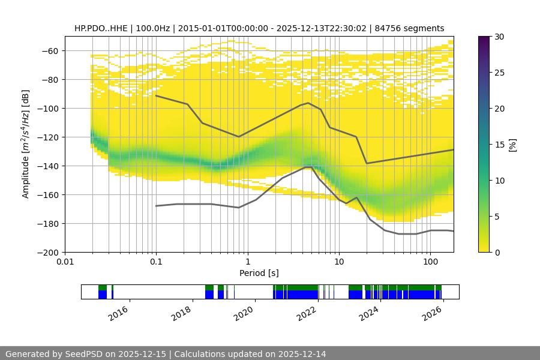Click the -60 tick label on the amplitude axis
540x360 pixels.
pos(49,51)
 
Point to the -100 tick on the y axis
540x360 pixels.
pos(47,109)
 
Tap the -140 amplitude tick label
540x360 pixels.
pos(47,166)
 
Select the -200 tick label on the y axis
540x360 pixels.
pos(47,253)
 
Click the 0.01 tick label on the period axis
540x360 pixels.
pos(65,262)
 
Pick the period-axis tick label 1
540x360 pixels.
pos(247,262)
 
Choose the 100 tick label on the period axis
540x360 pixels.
pos(430,262)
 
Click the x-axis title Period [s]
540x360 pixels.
pos(259,273)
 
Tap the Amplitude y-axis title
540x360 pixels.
pos(26,145)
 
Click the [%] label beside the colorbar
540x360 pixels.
pos(512,145)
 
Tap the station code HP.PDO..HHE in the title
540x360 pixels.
pos(99,28)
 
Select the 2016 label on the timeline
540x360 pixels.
pos(119,313)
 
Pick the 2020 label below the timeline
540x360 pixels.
pos(245,313)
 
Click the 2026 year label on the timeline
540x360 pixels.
pos(433,313)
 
